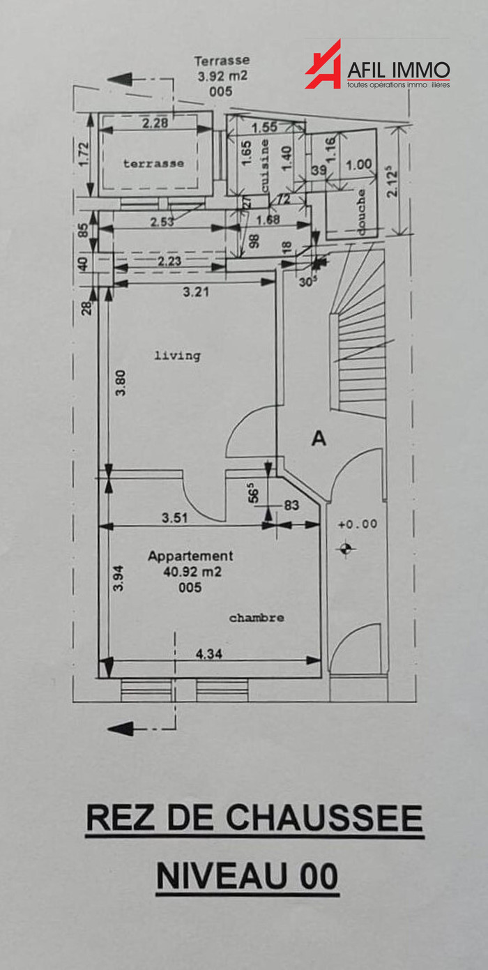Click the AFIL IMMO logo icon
[x=323, y=65]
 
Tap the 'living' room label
[x=177, y=356]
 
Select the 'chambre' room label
[x=257, y=618]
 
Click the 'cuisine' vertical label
[x=265, y=167]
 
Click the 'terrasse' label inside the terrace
[x=154, y=163]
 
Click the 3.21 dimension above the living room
[x=196, y=293]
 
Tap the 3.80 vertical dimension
[x=121, y=383]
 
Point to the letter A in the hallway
[x=319, y=439]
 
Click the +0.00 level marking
[x=357, y=524]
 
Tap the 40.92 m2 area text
[x=190, y=572]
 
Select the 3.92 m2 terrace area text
[x=222, y=76]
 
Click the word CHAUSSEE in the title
[x=325, y=819]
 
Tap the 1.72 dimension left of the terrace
[x=84, y=154]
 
